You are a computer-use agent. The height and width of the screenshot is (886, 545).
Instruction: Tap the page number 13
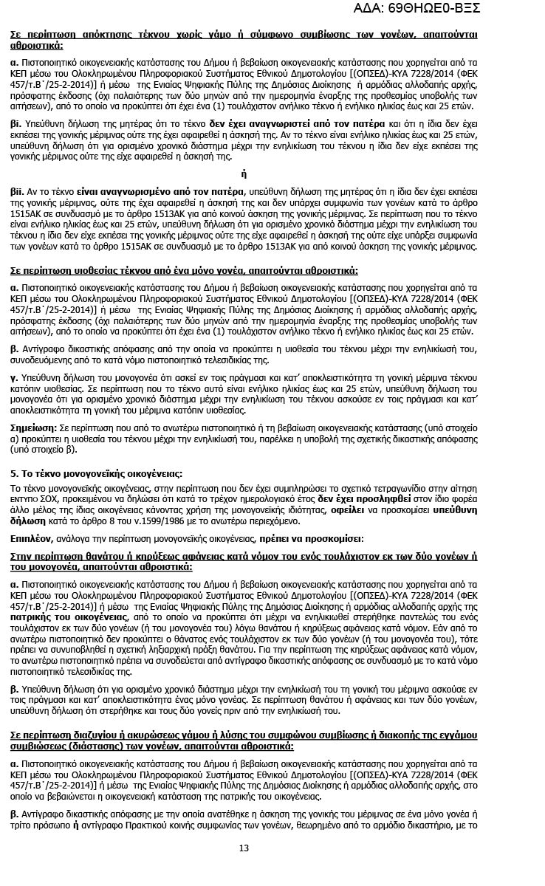[x=244, y=868]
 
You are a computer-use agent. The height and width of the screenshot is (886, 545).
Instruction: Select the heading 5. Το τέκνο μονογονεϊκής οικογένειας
[x=96, y=473]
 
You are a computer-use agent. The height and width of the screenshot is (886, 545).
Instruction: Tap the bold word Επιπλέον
[x=31, y=538]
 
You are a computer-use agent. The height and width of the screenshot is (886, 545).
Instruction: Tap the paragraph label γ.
[x=13, y=377]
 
